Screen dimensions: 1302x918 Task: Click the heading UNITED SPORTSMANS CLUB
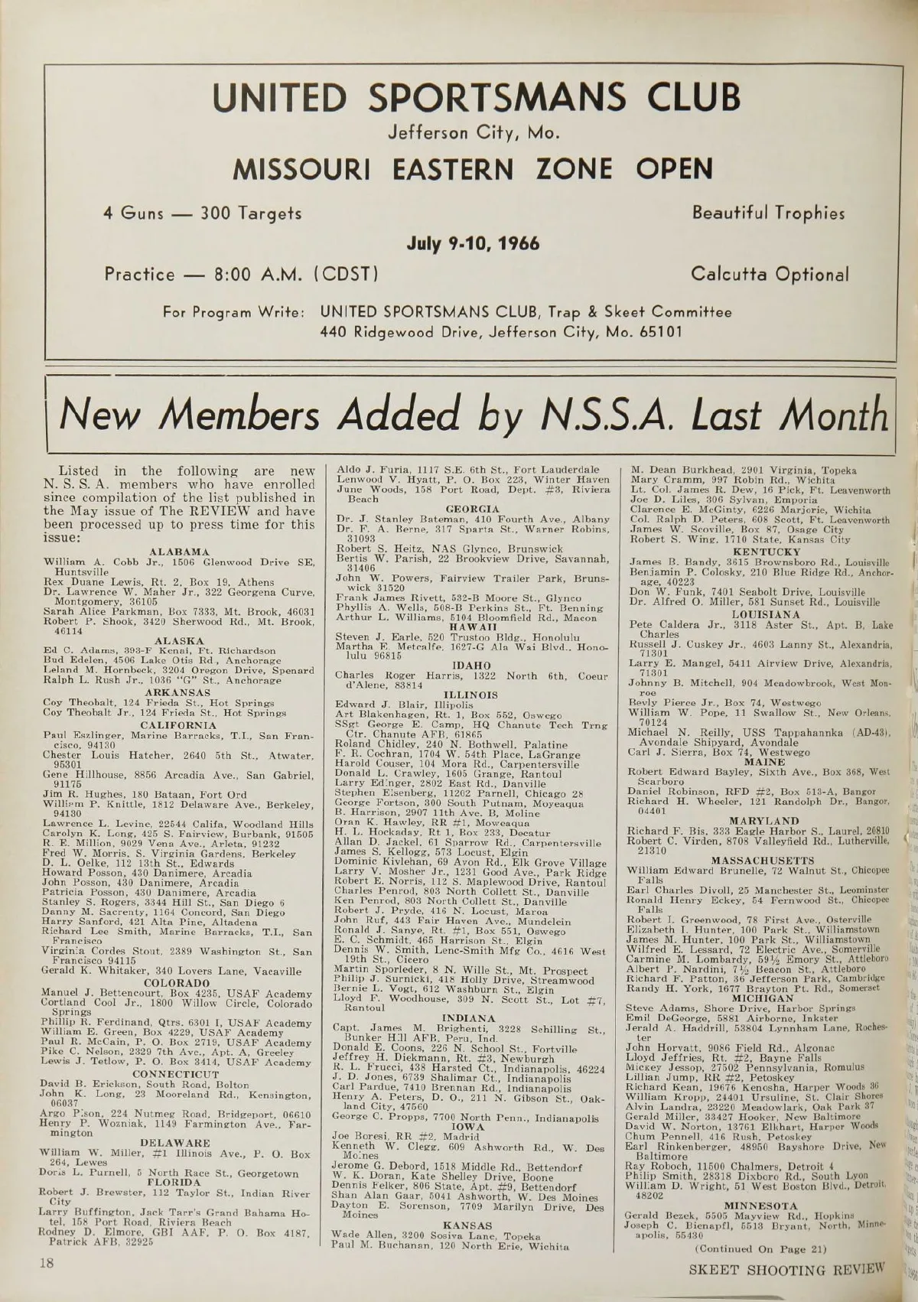(x=476, y=98)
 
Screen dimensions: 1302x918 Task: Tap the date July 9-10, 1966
(x=472, y=243)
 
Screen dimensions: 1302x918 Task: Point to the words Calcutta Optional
(x=770, y=273)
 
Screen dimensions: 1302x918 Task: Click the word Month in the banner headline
(x=838, y=415)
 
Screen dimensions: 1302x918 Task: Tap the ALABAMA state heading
(x=179, y=551)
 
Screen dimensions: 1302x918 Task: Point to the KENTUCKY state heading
(x=766, y=551)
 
